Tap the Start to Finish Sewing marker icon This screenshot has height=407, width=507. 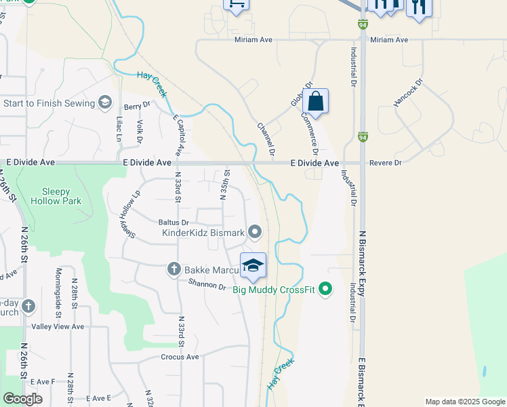(x=104, y=102)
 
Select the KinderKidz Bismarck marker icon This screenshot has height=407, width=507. (x=255, y=233)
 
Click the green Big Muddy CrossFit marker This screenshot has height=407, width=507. (x=325, y=290)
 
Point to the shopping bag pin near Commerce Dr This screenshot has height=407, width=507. (x=316, y=101)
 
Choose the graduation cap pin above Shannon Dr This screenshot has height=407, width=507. (x=254, y=265)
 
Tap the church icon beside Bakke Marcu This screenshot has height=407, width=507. (x=173, y=269)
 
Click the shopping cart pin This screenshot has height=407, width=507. (x=236, y=4)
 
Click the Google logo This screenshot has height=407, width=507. (x=22, y=399)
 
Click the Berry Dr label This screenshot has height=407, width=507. (x=136, y=106)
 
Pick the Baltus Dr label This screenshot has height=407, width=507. (x=174, y=222)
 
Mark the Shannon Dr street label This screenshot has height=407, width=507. (x=206, y=286)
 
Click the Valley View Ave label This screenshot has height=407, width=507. (x=58, y=326)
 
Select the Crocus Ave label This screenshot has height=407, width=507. (x=180, y=357)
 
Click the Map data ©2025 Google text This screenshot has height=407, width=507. (x=464, y=402)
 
